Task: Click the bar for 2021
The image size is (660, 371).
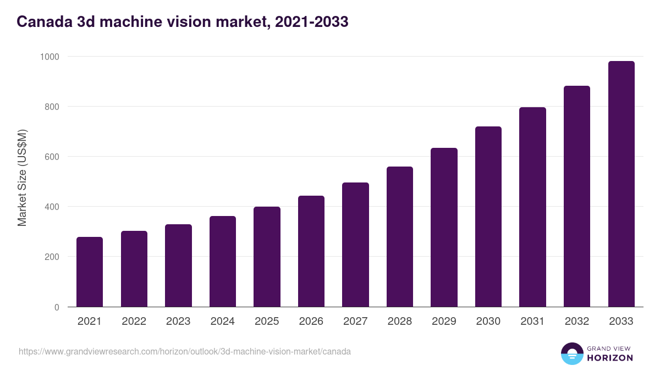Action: [90, 272]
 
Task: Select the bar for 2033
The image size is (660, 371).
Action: [621, 184]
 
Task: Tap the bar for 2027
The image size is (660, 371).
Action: [355, 245]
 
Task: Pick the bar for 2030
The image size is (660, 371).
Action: [488, 217]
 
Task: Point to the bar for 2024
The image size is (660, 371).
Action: [223, 261]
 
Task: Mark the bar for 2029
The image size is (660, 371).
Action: [444, 227]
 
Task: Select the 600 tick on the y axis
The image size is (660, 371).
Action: [52, 157]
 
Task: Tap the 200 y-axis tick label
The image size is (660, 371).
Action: [52, 257]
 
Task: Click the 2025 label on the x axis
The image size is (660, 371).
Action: [267, 322]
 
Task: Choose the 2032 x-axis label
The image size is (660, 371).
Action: [577, 322]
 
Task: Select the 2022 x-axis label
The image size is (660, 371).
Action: [134, 322]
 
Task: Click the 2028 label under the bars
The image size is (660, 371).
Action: [400, 322]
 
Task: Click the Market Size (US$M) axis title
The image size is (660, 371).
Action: [22, 178]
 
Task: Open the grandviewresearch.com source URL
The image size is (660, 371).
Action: [184, 351]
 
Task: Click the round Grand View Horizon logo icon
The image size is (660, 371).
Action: [571, 353]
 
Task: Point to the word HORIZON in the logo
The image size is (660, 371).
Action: [610, 358]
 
